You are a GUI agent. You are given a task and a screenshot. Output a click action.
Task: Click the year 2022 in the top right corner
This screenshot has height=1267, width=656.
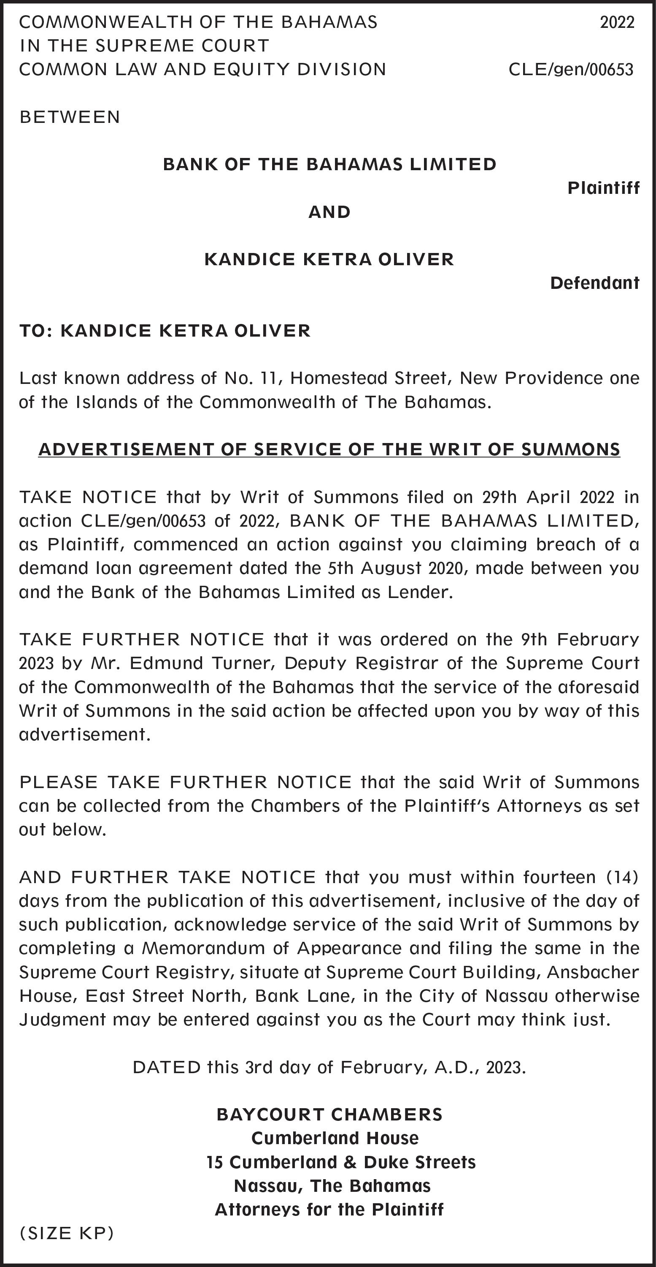tap(617, 22)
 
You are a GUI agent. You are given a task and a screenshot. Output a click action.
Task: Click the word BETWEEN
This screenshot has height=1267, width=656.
tap(70, 117)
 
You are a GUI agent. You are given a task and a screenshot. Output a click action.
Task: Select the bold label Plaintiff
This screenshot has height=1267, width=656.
tap(603, 188)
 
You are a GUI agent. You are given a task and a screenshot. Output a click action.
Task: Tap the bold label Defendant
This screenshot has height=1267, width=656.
tap(594, 283)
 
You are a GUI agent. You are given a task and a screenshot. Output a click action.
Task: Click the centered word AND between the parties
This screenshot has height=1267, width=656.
tap(329, 212)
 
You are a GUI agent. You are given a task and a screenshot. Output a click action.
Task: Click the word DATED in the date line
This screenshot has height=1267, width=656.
tap(167, 1067)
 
